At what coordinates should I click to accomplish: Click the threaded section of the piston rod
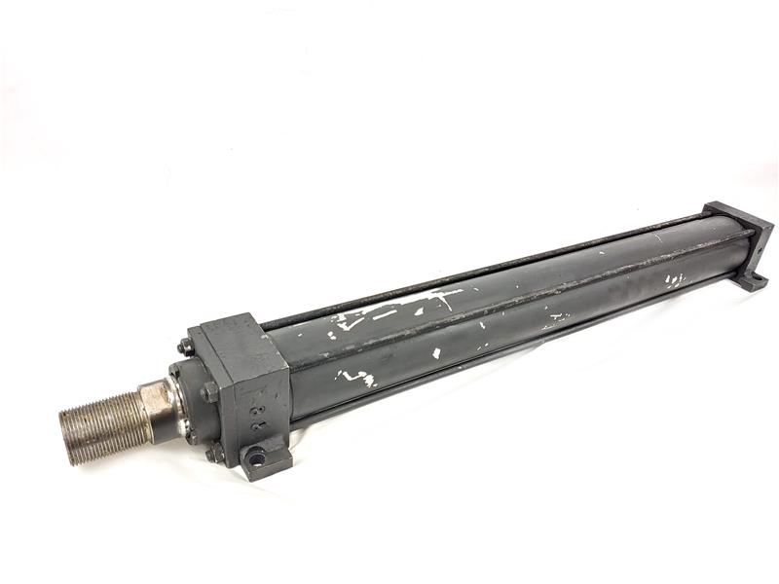click(x=102, y=420)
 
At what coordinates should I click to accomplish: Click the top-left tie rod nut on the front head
click(x=185, y=347)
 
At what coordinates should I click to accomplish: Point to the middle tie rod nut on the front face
click(x=209, y=392)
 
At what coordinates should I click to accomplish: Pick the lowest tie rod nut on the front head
click(x=213, y=454)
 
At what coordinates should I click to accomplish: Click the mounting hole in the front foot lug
click(x=255, y=455)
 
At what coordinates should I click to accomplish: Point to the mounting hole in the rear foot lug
click(x=750, y=280)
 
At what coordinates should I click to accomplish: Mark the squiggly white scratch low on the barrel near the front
click(x=355, y=377)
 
